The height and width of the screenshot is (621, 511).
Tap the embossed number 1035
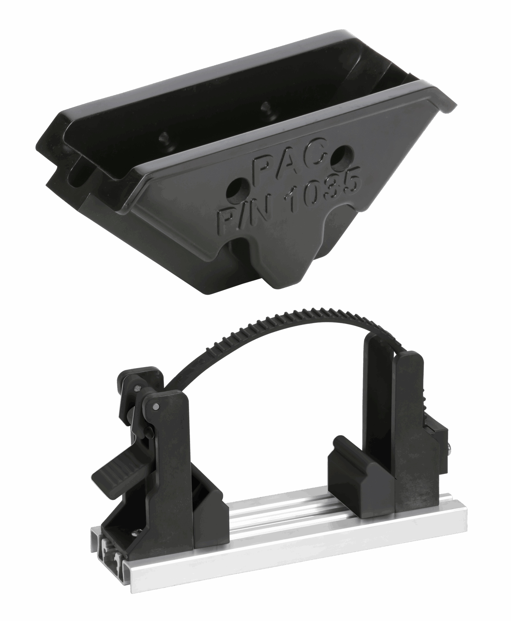point(324,194)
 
